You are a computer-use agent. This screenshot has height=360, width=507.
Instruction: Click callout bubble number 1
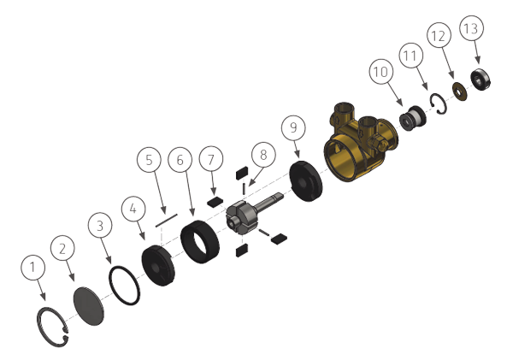coord(33,269)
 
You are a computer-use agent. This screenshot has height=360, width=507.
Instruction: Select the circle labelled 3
coord(100,226)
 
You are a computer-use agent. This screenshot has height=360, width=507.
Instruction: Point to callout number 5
coord(148,159)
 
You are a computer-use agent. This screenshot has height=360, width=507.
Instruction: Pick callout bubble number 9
coord(294,129)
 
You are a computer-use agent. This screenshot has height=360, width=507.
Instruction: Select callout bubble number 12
coord(438,37)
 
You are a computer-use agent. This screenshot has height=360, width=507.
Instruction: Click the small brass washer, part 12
coord(460,91)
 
